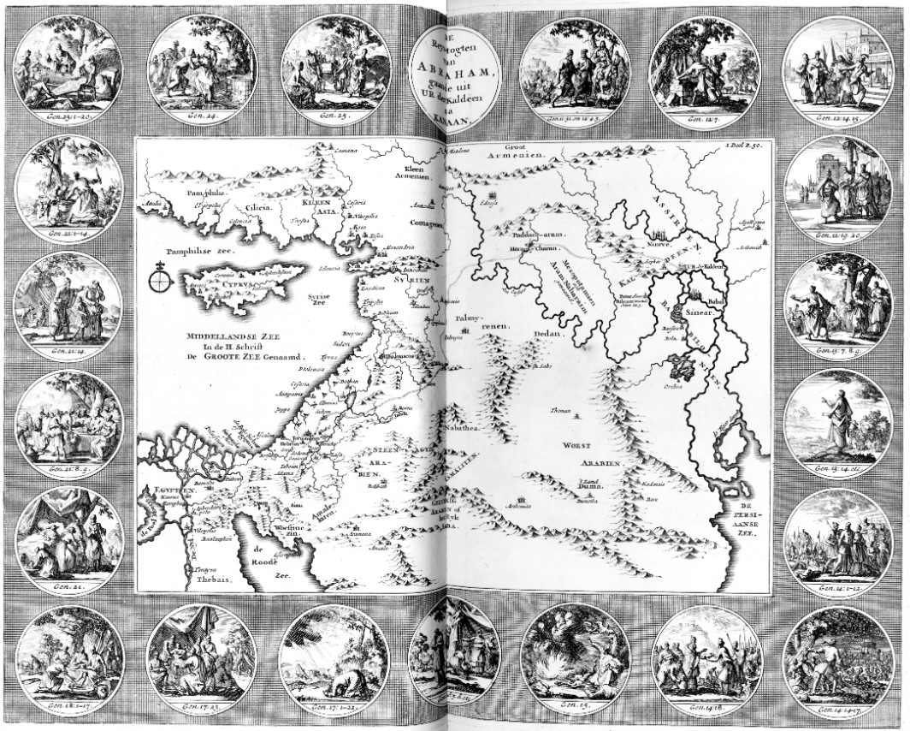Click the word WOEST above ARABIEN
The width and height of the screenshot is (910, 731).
(x=576, y=446)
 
